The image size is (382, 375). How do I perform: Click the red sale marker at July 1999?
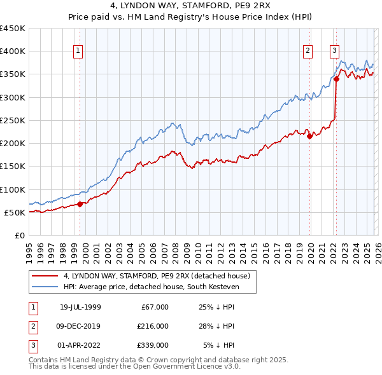(x=80, y=204)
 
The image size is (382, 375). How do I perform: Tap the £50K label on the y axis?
(x=15, y=212)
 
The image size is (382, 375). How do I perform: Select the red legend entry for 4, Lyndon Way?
(x=159, y=276)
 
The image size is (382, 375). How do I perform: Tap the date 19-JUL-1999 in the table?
(x=80, y=307)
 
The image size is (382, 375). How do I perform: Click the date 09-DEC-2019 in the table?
(x=80, y=326)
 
